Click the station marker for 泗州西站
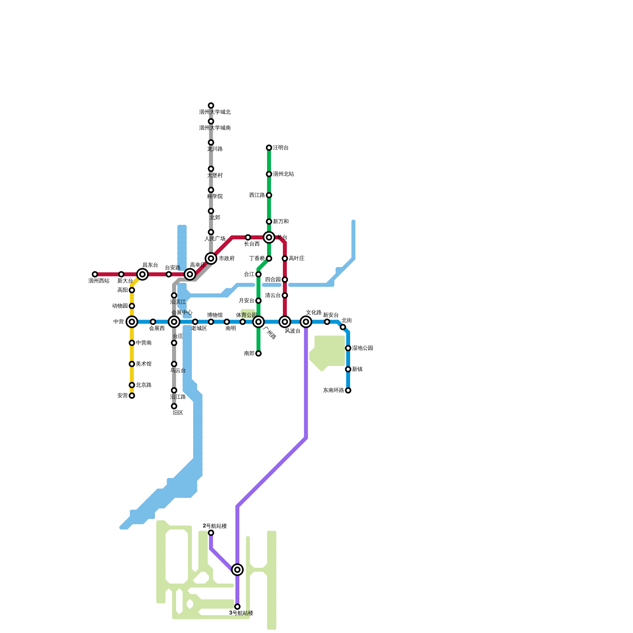(95, 274)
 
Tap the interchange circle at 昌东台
(142, 274)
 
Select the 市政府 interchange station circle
(211, 258)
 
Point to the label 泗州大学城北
(215, 112)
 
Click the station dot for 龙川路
(211, 142)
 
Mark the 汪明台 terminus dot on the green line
(269, 148)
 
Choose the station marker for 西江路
(269, 195)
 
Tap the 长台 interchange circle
(269, 237)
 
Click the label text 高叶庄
(297, 258)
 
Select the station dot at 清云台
(285, 296)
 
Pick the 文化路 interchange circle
(306, 322)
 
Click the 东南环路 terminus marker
(348, 390)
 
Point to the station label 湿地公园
(362, 348)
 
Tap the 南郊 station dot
(258, 353)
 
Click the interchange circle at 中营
(132, 322)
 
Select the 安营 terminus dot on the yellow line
(132, 396)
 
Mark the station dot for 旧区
(174, 406)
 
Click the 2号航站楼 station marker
(211, 533)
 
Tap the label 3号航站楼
(241, 613)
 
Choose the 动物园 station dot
(132, 306)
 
